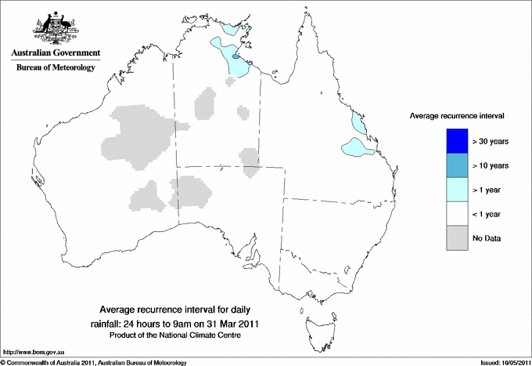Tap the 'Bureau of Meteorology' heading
point(56,68)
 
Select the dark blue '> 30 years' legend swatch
point(455,141)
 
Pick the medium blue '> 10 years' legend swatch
point(455,165)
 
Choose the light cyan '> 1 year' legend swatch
point(455,190)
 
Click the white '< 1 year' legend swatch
point(455,214)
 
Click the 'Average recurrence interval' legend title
point(457,115)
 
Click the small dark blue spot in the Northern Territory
point(236,56)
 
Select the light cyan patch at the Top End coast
point(229,28)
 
